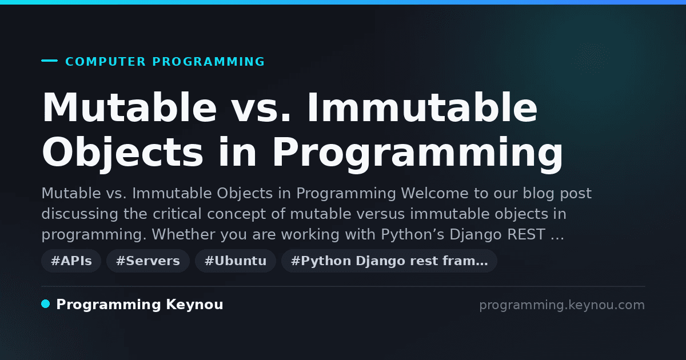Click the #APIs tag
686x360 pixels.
click(71, 261)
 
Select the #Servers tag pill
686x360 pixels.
click(148, 261)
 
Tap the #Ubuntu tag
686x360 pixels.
click(236, 261)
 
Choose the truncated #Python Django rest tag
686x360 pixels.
click(389, 261)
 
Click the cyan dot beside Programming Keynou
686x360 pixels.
click(46, 304)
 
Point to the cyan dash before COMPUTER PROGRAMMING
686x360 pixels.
click(49, 61)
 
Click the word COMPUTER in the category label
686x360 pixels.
click(106, 62)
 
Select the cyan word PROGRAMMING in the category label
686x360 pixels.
click(209, 62)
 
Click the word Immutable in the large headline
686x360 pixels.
click(422, 108)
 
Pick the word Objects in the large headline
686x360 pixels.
click(122, 153)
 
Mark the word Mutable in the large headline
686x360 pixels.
click(130, 108)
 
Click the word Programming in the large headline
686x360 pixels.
click(417, 153)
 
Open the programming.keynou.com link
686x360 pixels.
click(562, 305)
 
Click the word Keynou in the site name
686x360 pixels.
click(194, 305)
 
